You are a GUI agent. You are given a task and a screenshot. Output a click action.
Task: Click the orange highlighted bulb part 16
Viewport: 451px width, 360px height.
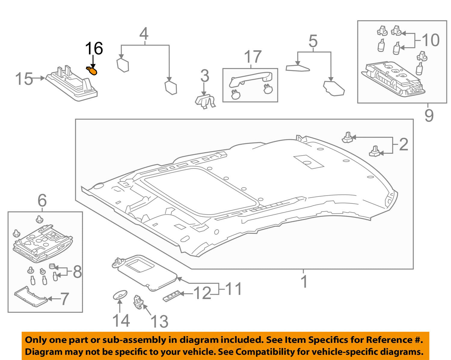[x=92, y=71]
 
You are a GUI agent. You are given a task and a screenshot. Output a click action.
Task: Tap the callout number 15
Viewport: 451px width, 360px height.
[x=24, y=79]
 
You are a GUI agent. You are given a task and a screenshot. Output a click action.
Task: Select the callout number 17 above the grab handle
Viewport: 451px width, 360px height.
[x=253, y=57]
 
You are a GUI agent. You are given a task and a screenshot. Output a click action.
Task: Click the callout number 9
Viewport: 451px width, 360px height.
[x=429, y=115]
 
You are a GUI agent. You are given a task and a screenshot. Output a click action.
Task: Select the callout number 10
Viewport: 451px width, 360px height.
[x=431, y=40]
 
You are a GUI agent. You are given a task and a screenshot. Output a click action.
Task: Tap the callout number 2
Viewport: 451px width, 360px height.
[x=403, y=144]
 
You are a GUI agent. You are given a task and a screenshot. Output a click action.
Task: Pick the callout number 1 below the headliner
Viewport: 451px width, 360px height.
[x=304, y=282]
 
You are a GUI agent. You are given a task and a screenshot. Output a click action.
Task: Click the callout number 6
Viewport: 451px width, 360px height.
[x=42, y=200]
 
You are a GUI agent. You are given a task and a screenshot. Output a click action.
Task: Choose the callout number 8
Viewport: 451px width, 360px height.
[x=77, y=272]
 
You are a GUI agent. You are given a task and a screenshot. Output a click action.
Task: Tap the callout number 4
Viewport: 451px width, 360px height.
[x=144, y=34]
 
